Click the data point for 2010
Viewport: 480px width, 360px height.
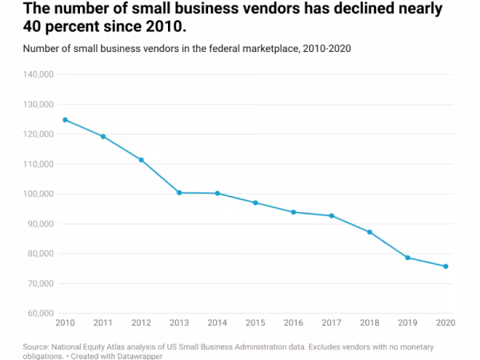(x=65, y=120)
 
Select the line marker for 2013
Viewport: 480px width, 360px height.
(x=179, y=193)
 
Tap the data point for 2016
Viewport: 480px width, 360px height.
(x=293, y=212)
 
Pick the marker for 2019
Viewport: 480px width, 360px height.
(x=407, y=257)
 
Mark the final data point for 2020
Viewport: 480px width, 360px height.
(x=445, y=267)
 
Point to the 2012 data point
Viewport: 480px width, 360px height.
(x=141, y=160)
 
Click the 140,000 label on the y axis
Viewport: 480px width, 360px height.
(x=38, y=75)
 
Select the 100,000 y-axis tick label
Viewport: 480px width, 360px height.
(x=38, y=194)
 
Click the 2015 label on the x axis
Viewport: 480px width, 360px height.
(x=255, y=323)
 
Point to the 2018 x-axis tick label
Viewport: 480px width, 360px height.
(x=369, y=323)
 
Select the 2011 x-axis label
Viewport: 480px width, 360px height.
(x=103, y=323)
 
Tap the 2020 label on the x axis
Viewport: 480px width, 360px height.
(x=445, y=323)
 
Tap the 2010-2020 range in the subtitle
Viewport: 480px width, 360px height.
(x=325, y=49)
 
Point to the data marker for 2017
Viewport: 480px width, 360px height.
(x=331, y=216)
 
